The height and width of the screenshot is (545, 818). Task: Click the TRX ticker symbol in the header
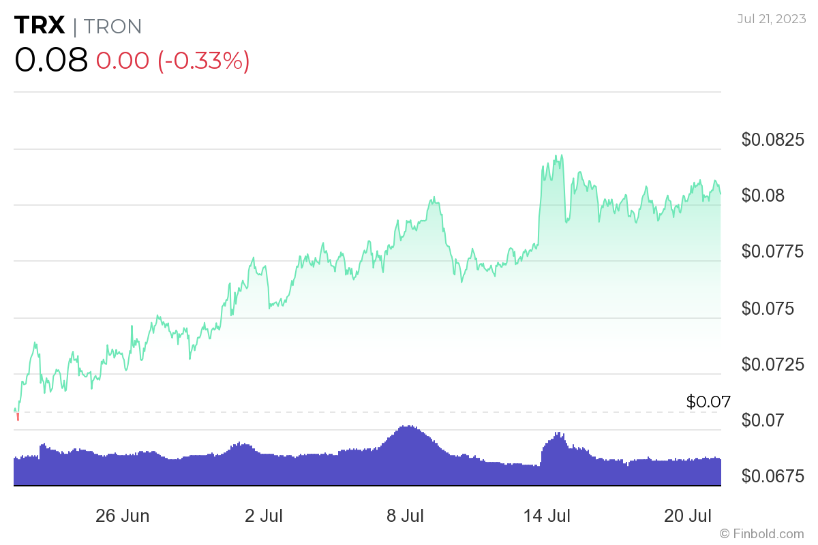click(40, 26)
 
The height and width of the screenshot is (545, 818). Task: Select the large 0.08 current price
click(51, 61)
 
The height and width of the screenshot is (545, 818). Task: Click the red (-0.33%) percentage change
click(204, 61)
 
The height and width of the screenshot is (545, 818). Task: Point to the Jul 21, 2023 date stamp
click(770, 18)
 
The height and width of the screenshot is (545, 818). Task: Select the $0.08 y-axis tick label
click(763, 196)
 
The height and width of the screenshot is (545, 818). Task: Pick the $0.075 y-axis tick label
click(768, 309)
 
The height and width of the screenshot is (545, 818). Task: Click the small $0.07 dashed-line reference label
click(708, 402)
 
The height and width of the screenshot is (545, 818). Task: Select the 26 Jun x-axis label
click(123, 515)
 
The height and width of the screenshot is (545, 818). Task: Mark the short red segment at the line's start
click(18, 416)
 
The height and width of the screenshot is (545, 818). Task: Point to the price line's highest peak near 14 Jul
click(558, 156)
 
